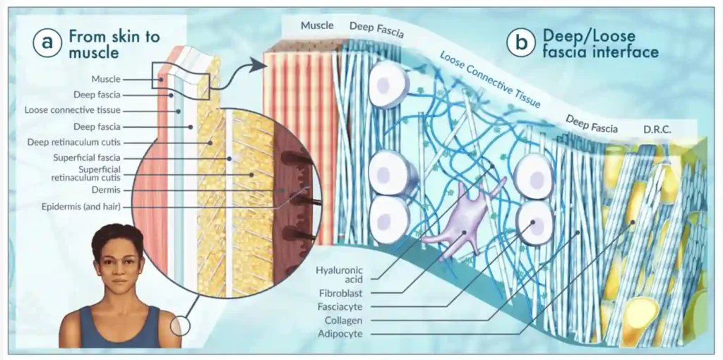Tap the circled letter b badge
(521, 42)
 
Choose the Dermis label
(106, 190)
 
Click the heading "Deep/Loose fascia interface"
(600, 43)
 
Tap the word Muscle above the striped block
(317, 26)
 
